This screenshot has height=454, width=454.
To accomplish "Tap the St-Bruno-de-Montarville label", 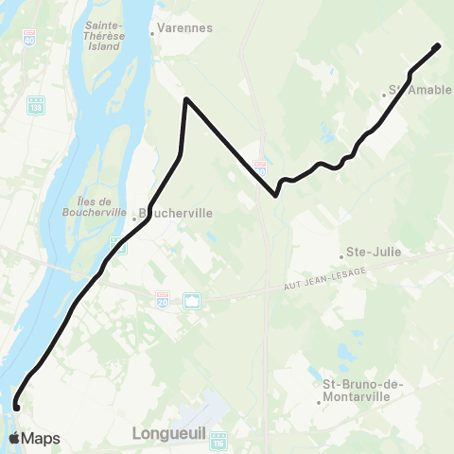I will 364,392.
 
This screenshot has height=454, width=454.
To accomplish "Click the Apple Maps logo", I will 34,438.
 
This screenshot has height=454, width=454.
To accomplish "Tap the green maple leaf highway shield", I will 192,301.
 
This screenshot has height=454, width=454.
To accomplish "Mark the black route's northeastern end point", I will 438,45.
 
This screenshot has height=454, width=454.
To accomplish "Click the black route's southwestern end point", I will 16,408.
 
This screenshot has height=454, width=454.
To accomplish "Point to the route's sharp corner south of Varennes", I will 186,99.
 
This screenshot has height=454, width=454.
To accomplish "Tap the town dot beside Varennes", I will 151,35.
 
